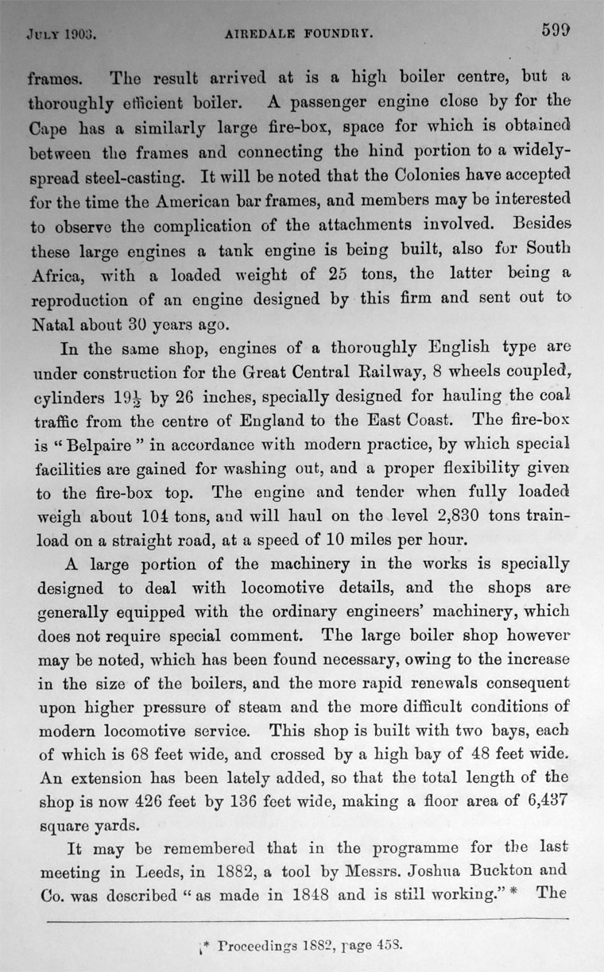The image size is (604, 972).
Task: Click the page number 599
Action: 556,31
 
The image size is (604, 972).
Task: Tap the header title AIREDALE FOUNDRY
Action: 300,34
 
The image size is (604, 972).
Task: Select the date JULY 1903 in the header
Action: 61,35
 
